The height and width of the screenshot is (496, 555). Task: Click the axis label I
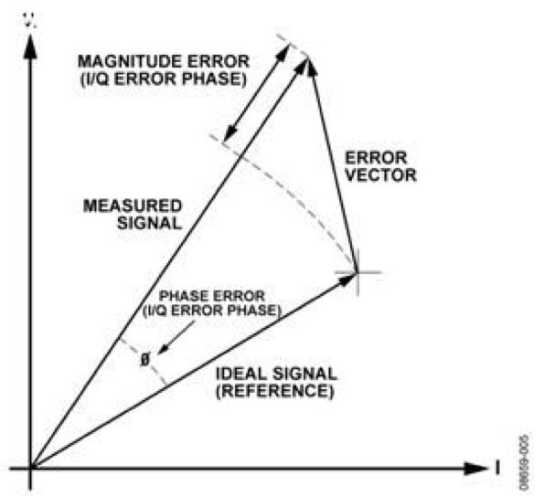coord(497,468)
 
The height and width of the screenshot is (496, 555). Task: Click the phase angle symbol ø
coord(144,359)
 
